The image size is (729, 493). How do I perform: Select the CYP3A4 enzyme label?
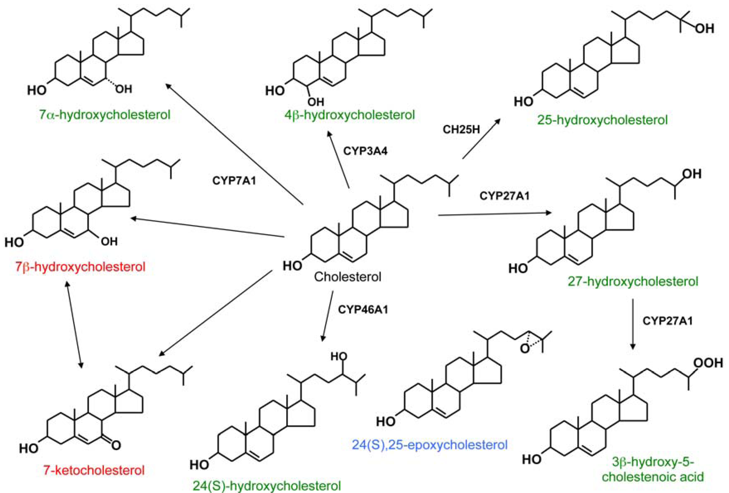[x=365, y=151]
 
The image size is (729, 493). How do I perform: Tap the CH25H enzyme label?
[x=461, y=129]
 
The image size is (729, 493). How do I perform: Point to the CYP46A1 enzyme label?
[x=363, y=310]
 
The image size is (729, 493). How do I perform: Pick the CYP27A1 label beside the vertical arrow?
[x=667, y=321]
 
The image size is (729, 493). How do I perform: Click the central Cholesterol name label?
[x=348, y=277]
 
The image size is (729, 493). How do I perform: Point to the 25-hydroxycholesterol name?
[x=602, y=120]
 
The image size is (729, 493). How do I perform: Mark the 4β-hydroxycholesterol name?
[x=349, y=115]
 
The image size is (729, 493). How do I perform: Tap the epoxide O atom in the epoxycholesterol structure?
[x=525, y=349]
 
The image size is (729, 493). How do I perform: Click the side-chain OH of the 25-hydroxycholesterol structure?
[x=705, y=29]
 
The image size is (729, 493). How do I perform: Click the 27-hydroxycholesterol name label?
[x=633, y=281]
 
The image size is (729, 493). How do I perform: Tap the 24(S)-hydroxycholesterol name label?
[x=266, y=486]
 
